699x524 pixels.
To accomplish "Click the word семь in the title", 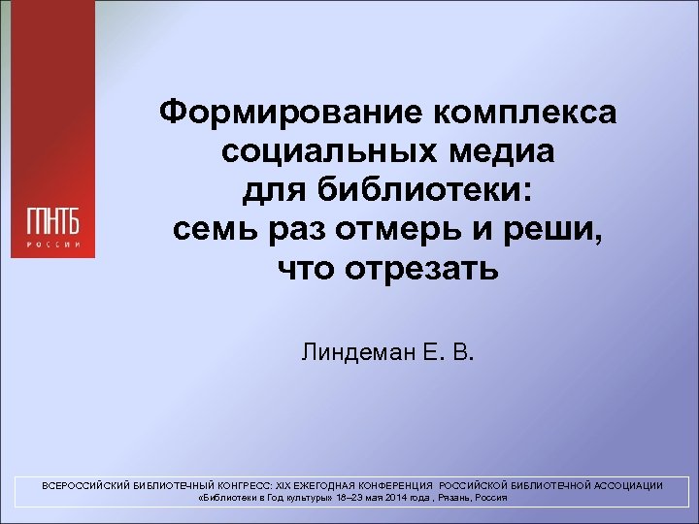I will [212, 229].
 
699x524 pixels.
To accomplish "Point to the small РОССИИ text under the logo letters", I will [53, 244].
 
